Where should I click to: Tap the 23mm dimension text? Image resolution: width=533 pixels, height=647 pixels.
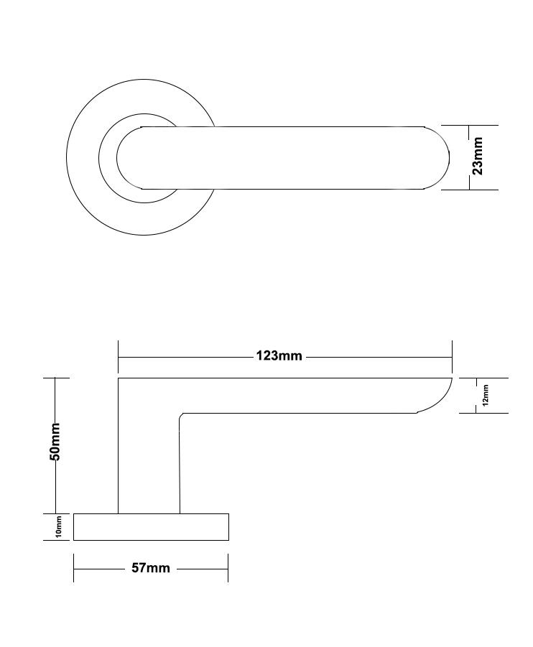coord(478,157)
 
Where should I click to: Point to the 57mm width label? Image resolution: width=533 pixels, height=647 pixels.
coord(151,568)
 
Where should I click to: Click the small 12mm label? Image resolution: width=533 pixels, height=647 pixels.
coord(486,395)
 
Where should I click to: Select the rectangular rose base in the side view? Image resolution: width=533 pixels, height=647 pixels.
coord(151,527)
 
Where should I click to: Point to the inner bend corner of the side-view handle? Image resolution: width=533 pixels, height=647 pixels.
coord(181,415)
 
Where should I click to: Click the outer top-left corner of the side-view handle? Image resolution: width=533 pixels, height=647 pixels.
coord(119,378)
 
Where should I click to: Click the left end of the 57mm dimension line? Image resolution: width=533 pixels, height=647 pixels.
coord(74,568)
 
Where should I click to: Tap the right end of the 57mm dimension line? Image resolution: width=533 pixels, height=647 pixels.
coord(228,568)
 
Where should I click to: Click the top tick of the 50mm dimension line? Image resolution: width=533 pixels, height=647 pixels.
coord(56,378)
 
